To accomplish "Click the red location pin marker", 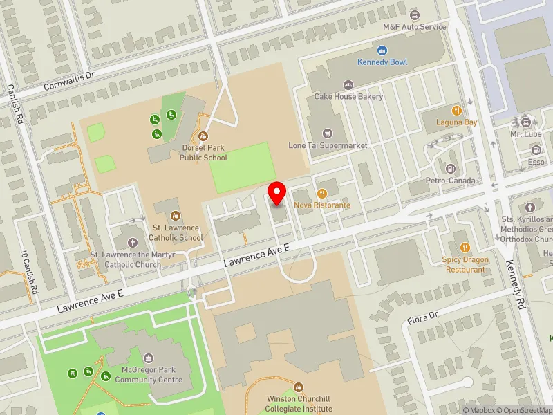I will tap(278, 193).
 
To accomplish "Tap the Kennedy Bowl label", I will tap(382, 62).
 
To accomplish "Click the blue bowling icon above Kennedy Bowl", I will tap(382, 50).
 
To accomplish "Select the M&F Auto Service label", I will tap(415, 27).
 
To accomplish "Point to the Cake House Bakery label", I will tap(348, 97).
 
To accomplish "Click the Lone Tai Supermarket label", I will tap(328, 146).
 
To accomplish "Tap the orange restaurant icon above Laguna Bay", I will tap(456, 111).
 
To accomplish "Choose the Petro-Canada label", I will tap(451, 181).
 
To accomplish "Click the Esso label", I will tap(536, 163).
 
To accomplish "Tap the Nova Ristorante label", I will tap(322, 205).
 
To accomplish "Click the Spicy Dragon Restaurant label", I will tap(465, 264).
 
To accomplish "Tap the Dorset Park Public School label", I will tap(203, 153).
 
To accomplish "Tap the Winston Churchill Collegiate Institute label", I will tap(299, 403).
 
